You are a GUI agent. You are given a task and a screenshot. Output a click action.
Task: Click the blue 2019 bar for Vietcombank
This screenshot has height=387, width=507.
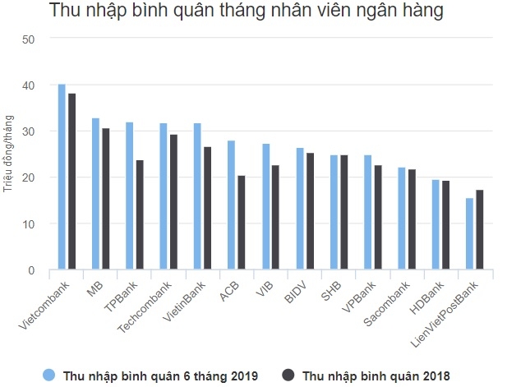(62, 177)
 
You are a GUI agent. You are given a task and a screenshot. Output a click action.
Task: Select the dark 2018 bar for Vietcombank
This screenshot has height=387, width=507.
(71, 182)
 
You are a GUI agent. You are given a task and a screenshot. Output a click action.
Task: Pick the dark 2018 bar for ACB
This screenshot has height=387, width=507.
(241, 223)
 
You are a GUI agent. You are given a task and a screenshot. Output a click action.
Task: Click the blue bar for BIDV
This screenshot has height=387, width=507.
(300, 209)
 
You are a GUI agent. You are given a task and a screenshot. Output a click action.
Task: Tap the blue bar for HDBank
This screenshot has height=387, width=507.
(436, 225)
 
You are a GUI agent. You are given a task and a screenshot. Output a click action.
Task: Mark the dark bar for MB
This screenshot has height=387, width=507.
(105, 199)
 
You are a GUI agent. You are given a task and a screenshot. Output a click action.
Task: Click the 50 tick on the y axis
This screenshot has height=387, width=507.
(29, 39)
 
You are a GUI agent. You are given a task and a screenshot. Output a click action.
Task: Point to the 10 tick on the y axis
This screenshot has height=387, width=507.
(29, 223)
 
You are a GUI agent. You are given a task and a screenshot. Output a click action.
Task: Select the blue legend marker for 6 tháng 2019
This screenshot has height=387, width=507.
(48, 375)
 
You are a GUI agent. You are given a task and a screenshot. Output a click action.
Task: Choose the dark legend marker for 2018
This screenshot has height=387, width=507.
(288, 375)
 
